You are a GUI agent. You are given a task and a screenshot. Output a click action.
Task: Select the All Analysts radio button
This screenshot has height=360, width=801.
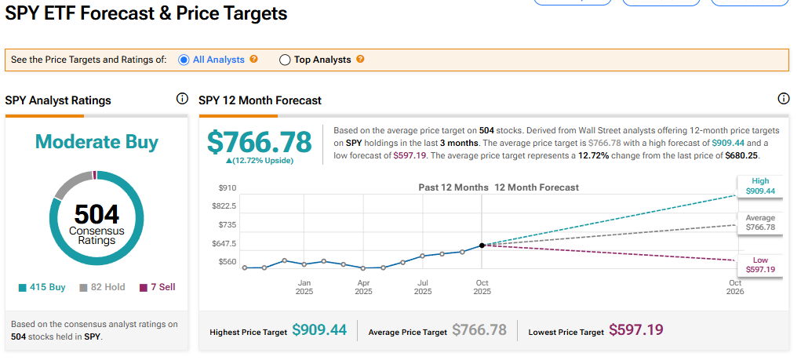click(x=184, y=60)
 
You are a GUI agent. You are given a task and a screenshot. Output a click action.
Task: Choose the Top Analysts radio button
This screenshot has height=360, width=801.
click(x=285, y=60)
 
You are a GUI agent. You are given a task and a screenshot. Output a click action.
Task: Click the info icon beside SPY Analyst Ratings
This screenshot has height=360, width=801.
click(x=182, y=99)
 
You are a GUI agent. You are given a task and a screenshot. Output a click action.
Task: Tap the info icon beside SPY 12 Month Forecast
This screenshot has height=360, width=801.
click(x=783, y=99)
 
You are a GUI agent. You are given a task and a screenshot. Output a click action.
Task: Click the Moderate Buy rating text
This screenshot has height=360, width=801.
click(x=96, y=142)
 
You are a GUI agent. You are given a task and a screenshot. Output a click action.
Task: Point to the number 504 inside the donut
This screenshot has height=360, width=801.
click(x=96, y=214)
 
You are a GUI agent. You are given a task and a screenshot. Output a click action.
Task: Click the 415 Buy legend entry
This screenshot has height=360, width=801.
click(x=42, y=287)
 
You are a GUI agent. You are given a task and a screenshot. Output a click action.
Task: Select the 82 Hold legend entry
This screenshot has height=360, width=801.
click(x=102, y=287)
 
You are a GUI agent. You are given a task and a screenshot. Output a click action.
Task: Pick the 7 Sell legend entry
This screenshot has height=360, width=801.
click(x=157, y=287)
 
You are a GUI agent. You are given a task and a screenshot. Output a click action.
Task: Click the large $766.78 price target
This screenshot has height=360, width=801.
click(x=260, y=142)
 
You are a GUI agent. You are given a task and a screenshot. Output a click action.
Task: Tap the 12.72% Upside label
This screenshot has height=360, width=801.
click(x=260, y=161)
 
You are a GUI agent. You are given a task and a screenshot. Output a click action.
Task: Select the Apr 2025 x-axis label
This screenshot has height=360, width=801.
click(x=364, y=286)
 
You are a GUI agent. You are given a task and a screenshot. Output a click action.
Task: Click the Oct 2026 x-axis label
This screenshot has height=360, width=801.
click(x=735, y=286)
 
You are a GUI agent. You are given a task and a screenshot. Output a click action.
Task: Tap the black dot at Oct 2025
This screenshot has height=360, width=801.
click(x=482, y=245)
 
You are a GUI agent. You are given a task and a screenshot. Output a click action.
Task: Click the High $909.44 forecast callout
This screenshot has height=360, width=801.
click(x=759, y=186)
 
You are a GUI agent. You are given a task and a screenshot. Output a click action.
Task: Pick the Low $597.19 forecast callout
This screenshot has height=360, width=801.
click(x=759, y=265)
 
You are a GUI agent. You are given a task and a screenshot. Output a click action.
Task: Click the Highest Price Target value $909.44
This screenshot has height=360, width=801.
click(x=319, y=330)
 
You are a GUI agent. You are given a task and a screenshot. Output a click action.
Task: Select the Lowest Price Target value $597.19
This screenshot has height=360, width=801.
click(x=636, y=330)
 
